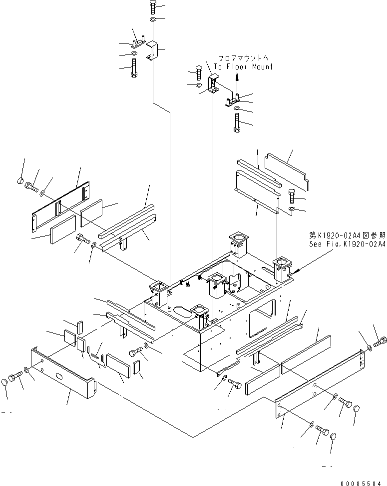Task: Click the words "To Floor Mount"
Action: point(243,66)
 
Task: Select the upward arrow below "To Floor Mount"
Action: point(237,78)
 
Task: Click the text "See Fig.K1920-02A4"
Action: point(348,244)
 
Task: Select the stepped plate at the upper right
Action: point(286,171)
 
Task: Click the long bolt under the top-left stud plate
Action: point(134,67)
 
